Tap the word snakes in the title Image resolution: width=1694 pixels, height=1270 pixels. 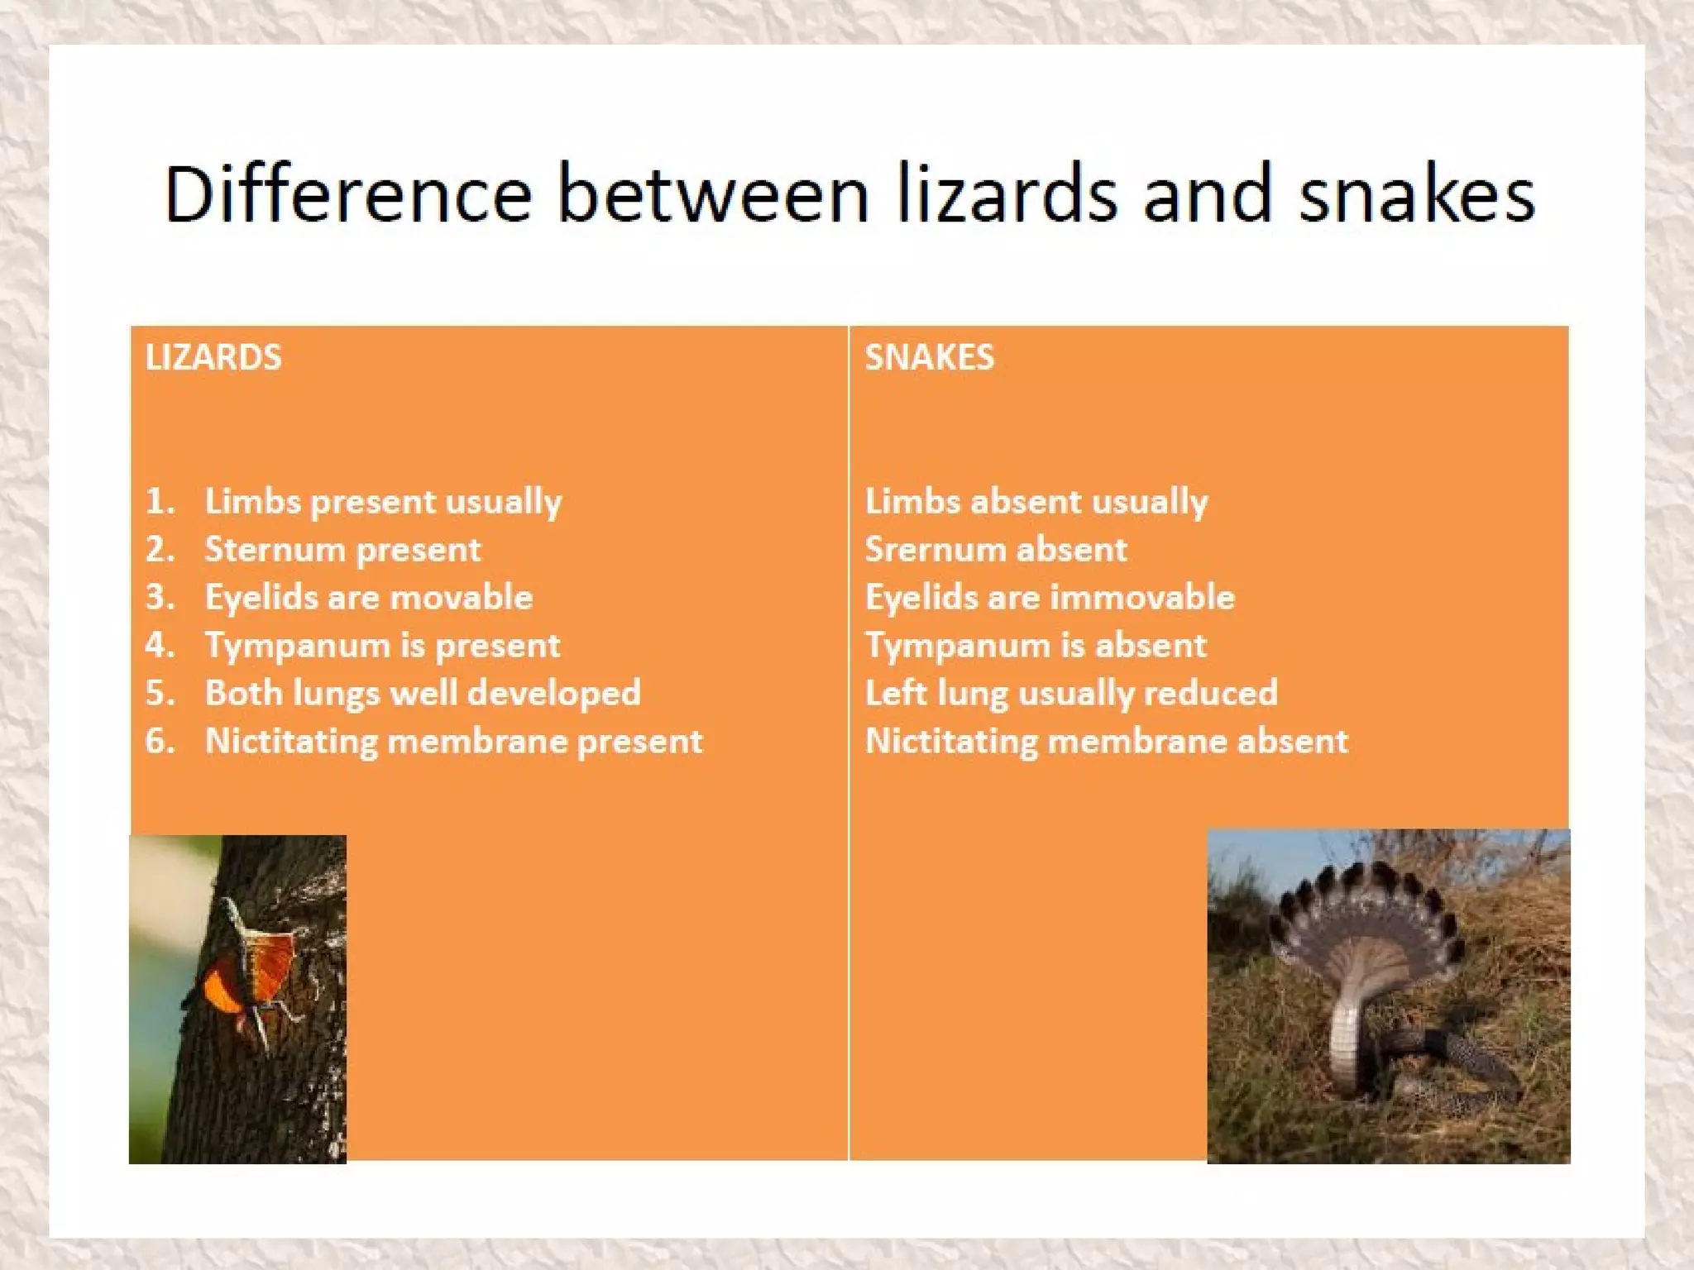pyautogui.click(x=1416, y=194)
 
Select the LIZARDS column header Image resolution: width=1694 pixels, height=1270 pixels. pyautogui.click(x=213, y=357)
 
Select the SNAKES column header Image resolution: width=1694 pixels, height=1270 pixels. pyautogui.click(x=929, y=357)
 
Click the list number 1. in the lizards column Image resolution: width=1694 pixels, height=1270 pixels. pyautogui.click(x=160, y=501)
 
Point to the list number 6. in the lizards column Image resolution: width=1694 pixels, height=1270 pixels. pyautogui.click(x=160, y=740)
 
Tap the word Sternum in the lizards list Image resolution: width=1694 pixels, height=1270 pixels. pyautogui.click(x=273, y=550)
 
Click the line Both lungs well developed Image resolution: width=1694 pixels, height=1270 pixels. pyautogui.click(x=423, y=693)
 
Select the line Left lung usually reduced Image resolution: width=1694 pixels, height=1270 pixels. pyautogui.click(x=1070, y=693)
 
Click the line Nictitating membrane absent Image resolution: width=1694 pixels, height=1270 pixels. pyautogui.click(x=1106, y=741)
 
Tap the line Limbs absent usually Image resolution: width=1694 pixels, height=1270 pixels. pyautogui.click(x=1036, y=501)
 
